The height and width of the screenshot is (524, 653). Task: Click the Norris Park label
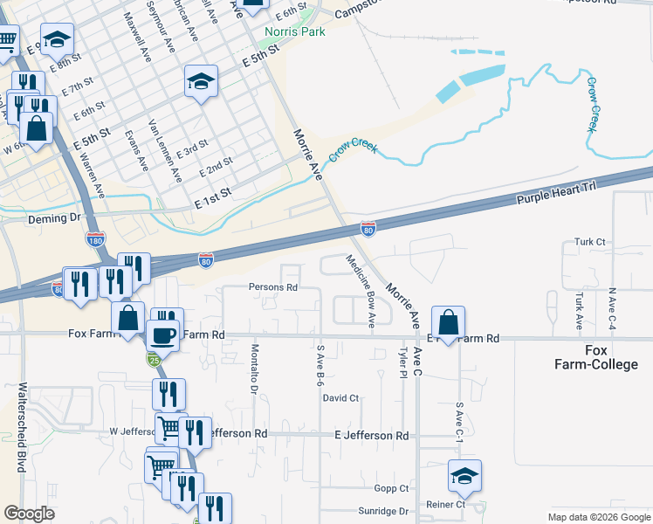coord(295,32)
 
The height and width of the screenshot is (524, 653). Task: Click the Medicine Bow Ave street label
coord(360,292)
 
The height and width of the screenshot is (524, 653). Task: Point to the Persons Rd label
coord(273,286)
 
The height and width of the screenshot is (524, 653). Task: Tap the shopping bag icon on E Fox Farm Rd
coord(448,322)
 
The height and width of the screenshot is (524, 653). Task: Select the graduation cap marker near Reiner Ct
coord(464,476)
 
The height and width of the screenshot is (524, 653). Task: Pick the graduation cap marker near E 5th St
coord(201,82)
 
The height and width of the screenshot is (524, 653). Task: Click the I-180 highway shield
coord(95,238)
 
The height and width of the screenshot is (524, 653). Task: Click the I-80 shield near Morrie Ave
coord(368,228)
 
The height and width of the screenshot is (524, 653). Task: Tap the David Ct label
coord(340,398)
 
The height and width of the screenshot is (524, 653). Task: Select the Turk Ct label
coord(589,241)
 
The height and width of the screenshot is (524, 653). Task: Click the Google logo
coord(30,514)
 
